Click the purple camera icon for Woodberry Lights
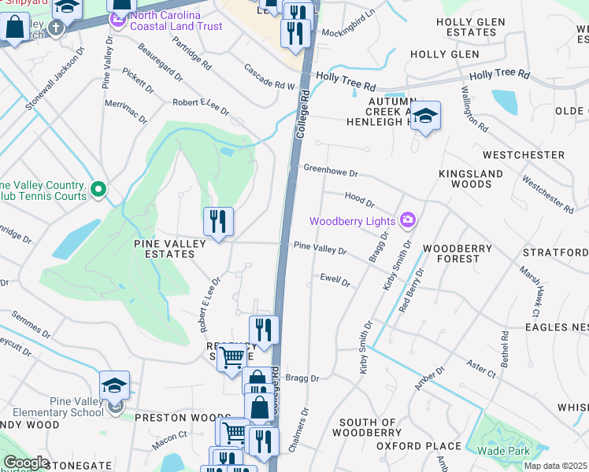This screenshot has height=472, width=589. point(408,221)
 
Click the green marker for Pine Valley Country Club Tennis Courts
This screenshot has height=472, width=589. point(98,189)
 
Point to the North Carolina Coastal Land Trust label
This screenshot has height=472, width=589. point(176,20)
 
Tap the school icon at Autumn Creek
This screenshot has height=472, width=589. point(425,116)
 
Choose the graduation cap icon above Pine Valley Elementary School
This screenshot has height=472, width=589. point(114,385)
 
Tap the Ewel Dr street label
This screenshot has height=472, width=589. point(335,278)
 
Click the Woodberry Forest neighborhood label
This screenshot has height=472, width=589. point(457,249)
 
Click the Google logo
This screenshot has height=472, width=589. point(25,463)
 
